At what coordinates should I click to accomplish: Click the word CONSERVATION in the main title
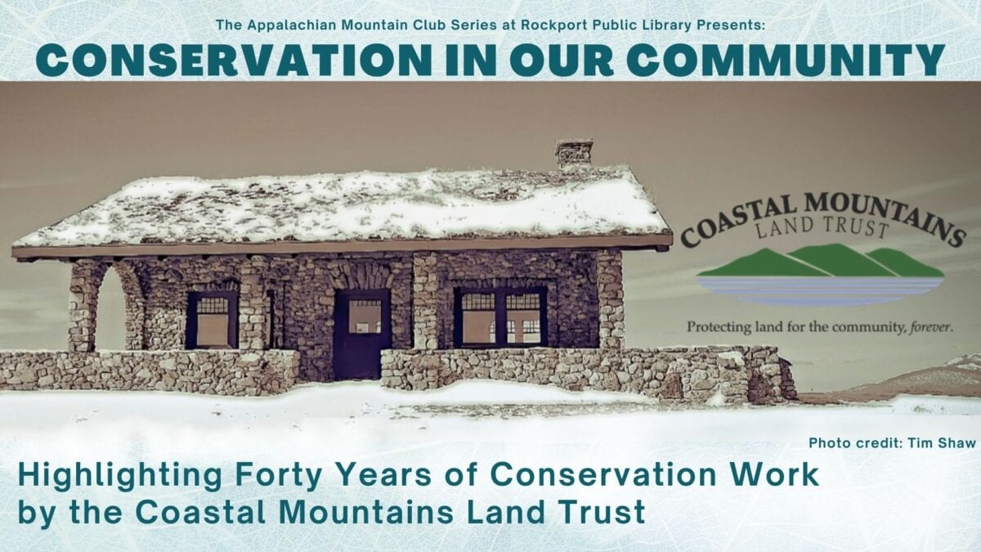click(x=235, y=60)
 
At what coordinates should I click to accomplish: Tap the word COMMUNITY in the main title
click(x=786, y=60)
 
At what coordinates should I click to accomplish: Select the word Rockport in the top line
click(x=554, y=25)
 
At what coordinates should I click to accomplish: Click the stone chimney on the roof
click(x=574, y=154)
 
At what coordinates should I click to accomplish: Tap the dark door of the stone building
click(x=363, y=334)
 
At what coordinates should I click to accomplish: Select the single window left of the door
click(x=213, y=321)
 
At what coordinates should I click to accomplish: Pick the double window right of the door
click(x=501, y=317)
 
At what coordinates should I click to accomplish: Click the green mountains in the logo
click(x=820, y=262)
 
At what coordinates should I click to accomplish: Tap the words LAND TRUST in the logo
click(x=822, y=228)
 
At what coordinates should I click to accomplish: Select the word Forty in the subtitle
click(x=280, y=475)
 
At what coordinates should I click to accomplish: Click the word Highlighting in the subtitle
click(x=120, y=476)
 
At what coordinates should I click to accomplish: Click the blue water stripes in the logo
click(x=820, y=290)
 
